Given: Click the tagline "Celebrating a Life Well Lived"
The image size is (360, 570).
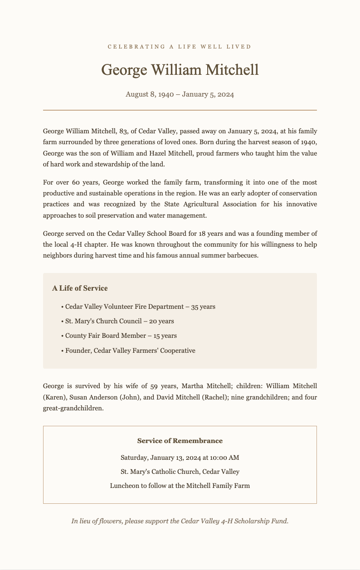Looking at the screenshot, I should (x=180, y=47).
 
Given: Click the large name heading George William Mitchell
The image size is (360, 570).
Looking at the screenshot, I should (x=180, y=70).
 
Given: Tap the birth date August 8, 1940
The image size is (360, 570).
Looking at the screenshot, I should (x=148, y=95).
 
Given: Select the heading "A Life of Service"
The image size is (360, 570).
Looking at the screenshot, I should (x=80, y=288).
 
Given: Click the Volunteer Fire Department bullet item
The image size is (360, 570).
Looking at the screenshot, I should (x=140, y=307).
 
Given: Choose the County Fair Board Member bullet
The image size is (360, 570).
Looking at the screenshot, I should (x=121, y=336).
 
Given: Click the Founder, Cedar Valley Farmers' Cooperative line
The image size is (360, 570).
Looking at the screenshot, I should (x=130, y=351).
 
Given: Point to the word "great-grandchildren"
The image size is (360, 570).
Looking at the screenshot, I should (x=73, y=408).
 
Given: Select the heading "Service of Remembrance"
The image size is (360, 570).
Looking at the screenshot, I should (x=180, y=441).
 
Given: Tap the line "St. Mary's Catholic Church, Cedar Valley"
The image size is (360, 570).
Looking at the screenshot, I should (x=180, y=471).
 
